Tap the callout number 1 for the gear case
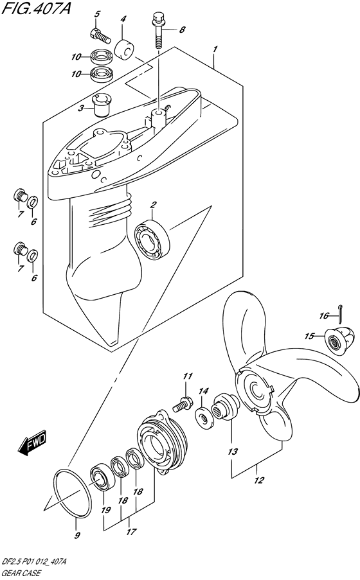coord(215,49)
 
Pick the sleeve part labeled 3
coord(102,105)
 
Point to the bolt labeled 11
coord(182,404)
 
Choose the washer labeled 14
coord(203,417)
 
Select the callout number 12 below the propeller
coord(258,480)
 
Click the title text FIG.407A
coord(35,8)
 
